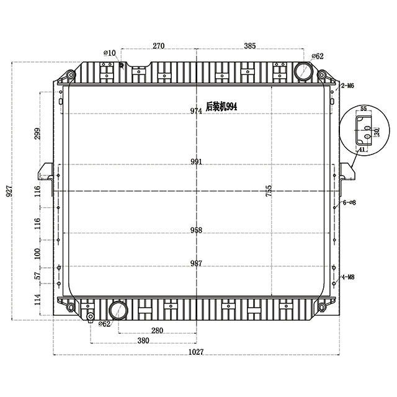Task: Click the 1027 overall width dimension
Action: [196, 352]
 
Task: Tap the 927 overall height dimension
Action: [9, 191]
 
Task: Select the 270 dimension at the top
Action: [159, 46]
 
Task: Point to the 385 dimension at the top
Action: [250, 46]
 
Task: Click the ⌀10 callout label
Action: [110, 53]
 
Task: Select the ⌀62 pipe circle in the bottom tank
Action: [118, 310]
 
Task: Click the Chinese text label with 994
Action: [221, 107]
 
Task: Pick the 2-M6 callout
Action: [347, 86]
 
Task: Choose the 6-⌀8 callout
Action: [349, 203]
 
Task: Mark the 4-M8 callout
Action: [348, 277]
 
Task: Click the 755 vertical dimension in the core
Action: [269, 191]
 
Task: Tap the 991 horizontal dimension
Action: [196, 161]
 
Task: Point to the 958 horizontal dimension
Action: [196, 230]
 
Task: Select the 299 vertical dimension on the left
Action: [37, 133]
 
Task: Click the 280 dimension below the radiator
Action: [157, 331]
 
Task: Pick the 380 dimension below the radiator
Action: [143, 341]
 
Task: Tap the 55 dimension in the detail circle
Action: [364, 109]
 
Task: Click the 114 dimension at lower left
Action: [37, 300]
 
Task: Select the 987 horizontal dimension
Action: [196, 263]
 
